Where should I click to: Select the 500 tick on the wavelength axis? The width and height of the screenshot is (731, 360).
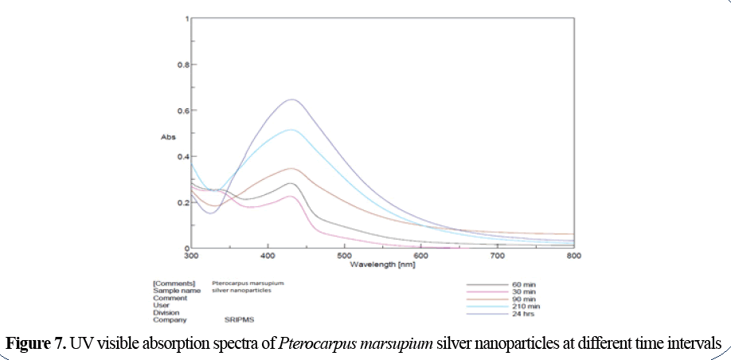[344, 256]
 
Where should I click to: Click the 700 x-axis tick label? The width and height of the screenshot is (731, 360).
[497, 256]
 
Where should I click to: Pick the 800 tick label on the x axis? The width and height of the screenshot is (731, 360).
[573, 256]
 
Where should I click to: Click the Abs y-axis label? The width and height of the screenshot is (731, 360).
[167, 137]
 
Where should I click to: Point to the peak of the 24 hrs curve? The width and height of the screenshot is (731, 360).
[292, 100]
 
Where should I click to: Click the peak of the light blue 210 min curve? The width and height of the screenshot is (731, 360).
[291, 130]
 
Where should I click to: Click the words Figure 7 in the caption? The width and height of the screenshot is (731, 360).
[35, 343]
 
